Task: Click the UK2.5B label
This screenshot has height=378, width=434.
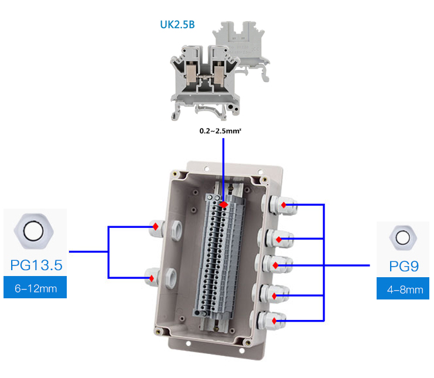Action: pyautogui.click(x=177, y=25)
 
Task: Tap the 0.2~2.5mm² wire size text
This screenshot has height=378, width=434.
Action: pyautogui.click(x=221, y=131)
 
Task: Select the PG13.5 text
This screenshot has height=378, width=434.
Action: pyautogui.click(x=36, y=265)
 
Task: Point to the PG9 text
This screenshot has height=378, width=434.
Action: pyautogui.click(x=404, y=267)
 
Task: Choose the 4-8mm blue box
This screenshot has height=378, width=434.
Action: pyautogui.click(x=404, y=290)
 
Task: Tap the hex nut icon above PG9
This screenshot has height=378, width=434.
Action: pyautogui.click(x=402, y=238)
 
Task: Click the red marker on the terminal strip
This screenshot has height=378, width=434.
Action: pyautogui.click(x=224, y=204)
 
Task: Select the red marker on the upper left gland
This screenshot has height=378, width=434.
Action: pyautogui.click(x=155, y=226)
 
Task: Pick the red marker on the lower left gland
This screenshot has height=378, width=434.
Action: pyautogui.click(x=152, y=277)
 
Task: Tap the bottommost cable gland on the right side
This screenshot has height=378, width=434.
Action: pyautogui.click(x=274, y=320)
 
